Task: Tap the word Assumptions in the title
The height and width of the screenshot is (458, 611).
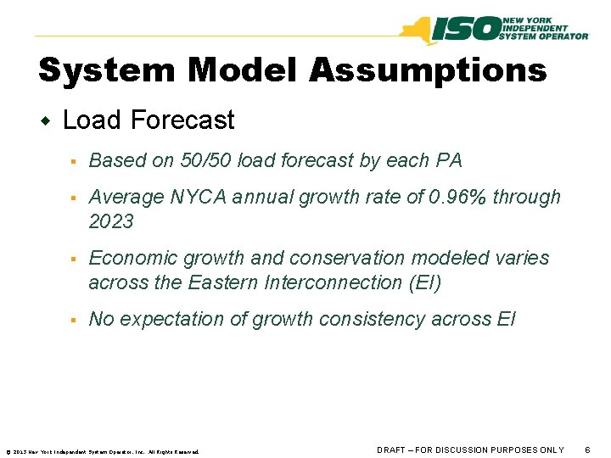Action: (428, 70)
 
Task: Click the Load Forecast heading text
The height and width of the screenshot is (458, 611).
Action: (149, 120)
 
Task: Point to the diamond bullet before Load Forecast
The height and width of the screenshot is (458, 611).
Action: (47, 121)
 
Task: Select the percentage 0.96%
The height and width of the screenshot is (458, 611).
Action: (457, 197)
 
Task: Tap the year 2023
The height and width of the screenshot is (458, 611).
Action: (111, 221)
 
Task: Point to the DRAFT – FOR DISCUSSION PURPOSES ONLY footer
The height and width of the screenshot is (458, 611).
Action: (470, 450)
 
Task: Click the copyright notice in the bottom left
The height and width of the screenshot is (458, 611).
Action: (102, 451)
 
